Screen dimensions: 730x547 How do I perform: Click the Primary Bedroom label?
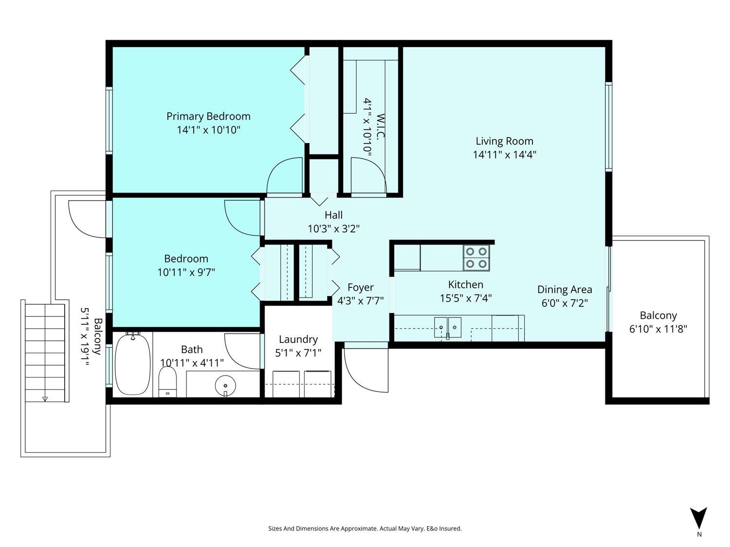(x=208, y=116)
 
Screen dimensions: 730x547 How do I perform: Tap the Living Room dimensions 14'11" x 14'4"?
(x=505, y=155)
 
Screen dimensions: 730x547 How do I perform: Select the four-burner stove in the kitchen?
(x=476, y=258)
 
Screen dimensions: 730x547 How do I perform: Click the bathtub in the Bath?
(x=132, y=364)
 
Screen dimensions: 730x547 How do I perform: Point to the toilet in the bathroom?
(x=167, y=382)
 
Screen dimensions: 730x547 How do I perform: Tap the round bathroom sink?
(x=225, y=386)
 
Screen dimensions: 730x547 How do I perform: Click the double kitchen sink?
(x=448, y=327)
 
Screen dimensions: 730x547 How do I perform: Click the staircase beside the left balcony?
(x=45, y=352)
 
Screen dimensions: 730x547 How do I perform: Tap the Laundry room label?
(x=298, y=339)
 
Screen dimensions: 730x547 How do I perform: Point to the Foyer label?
(x=361, y=287)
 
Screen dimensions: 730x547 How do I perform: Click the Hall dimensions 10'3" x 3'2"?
(x=333, y=229)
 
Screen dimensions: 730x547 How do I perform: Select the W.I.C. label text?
(x=381, y=126)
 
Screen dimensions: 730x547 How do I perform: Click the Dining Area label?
(x=565, y=290)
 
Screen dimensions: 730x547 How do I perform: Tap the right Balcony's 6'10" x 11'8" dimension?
(x=658, y=329)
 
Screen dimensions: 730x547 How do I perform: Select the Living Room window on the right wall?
(x=608, y=126)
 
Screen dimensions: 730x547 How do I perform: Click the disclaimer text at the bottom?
(x=365, y=529)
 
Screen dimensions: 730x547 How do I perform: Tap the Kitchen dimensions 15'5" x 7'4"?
(x=466, y=298)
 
